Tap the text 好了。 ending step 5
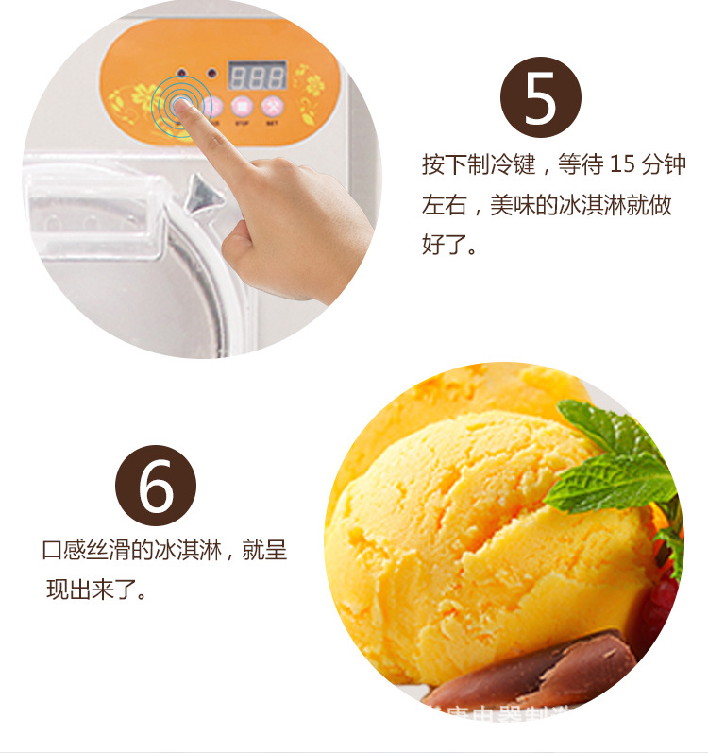pyautogui.click(x=448, y=245)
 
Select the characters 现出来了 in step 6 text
pyautogui.click(x=89, y=591)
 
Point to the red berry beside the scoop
pyautogui.click(x=665, y=605)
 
